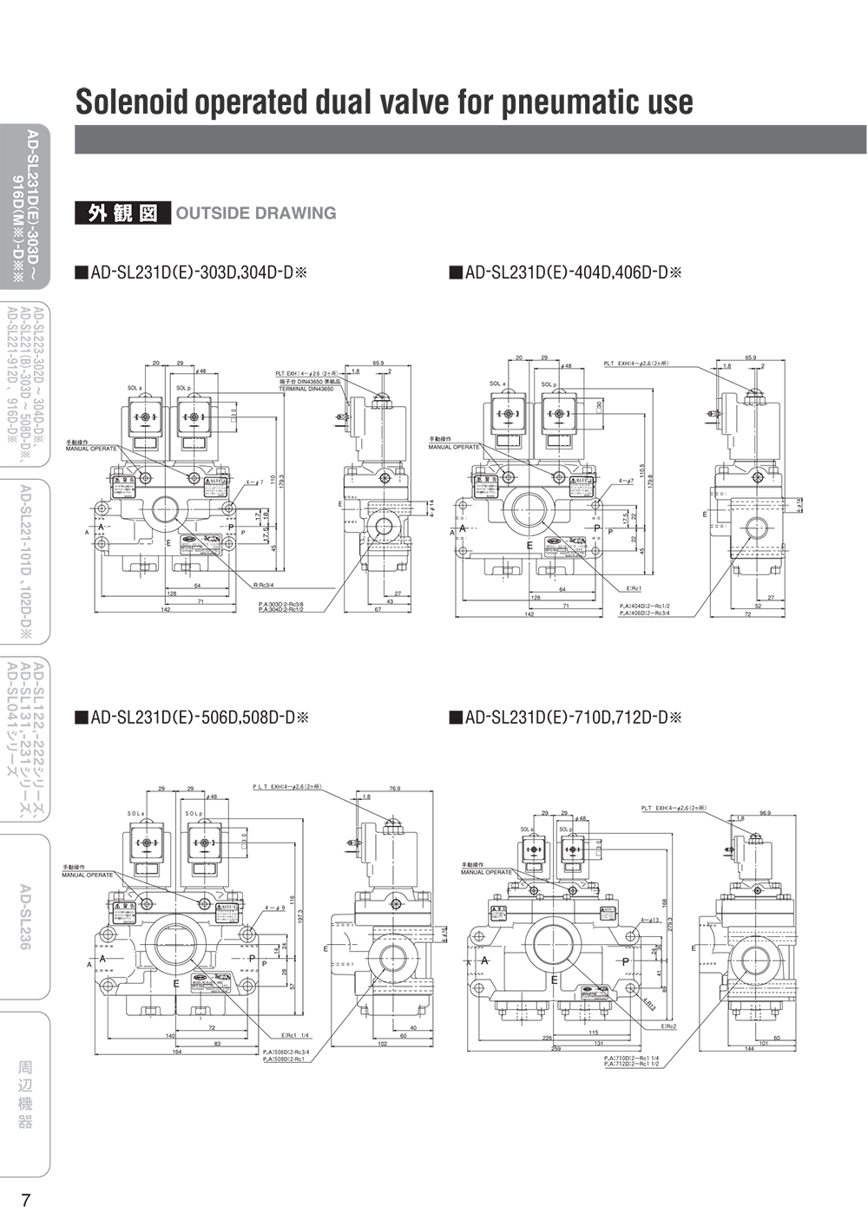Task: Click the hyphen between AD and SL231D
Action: (32, 150)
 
